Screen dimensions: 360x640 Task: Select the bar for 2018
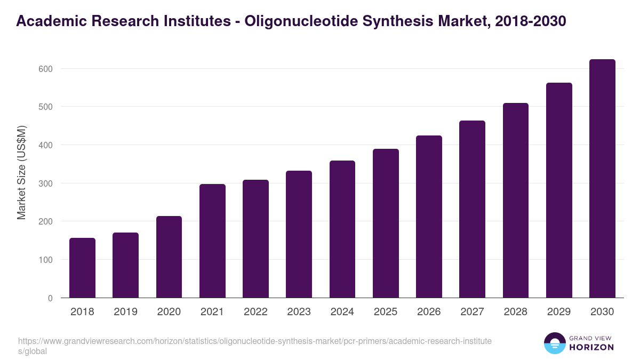pyautogui.click(x=82, y=268)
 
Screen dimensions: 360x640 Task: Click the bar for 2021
pyautogui.click(x=212, y=241)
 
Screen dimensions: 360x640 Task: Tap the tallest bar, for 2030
pyautogui.click(x=602, y=179)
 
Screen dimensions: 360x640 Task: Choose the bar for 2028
pyautogui.click(x=516, y=200)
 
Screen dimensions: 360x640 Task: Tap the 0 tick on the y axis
pyautogui.click(x=50, y=298)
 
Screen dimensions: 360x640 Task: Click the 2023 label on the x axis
pyautogui.click(x=299, y=312)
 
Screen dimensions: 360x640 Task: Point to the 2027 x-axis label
pyautogui.click(x=472, y=312)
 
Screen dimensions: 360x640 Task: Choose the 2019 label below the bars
pyautogui.click(x=125, y=312)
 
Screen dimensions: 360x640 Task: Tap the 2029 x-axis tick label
pyautogui.click(x=559, y=312)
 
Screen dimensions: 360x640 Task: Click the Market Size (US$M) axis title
pyautogui.click(x=21, y=172)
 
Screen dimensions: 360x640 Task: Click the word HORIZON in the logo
pyautogui.click(x=591, y=347)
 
